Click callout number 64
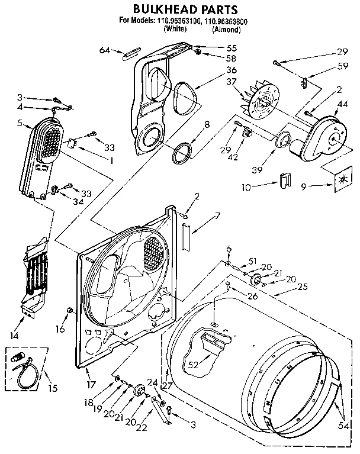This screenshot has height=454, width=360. [x=105, y=50]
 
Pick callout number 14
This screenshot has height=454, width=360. [x=24, y=336]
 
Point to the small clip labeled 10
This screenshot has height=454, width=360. [x=284, y=181]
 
